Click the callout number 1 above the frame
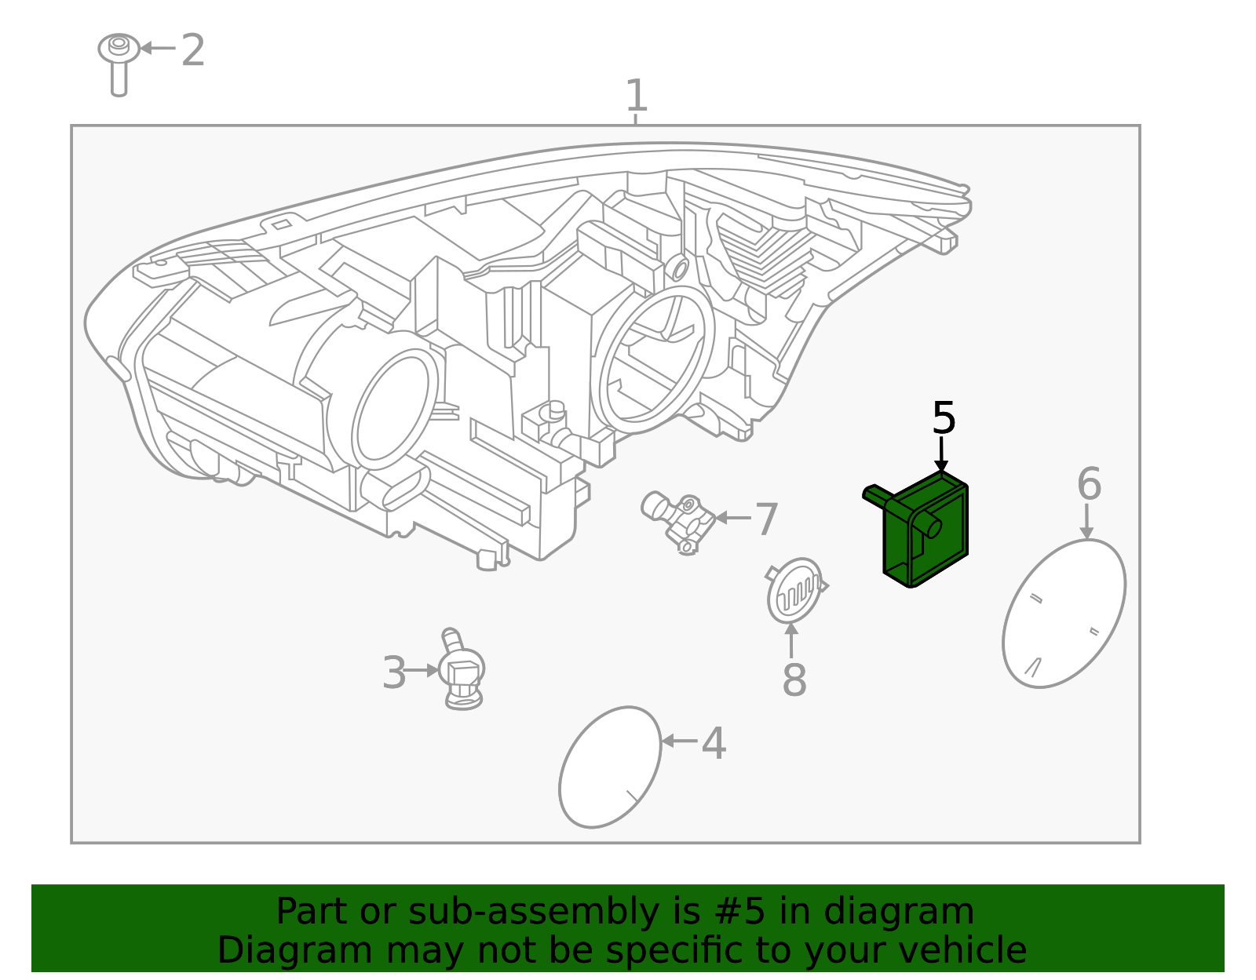pos(636,97)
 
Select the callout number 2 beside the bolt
pos(192,51)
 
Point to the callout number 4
pos(713,743)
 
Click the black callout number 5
pos(943,418)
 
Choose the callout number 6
pos(1089,484)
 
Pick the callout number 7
pos(765,519)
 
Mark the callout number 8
pos(794,680)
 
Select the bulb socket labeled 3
pos(462,671)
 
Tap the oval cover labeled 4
pos(610,767)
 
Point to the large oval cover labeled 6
pos(1064,614)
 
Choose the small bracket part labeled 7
pos(679,521)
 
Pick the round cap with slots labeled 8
pos(794,590)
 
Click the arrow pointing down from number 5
pos(941,455)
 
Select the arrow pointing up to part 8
pos(791,639)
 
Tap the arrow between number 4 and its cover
pos(679,740)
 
